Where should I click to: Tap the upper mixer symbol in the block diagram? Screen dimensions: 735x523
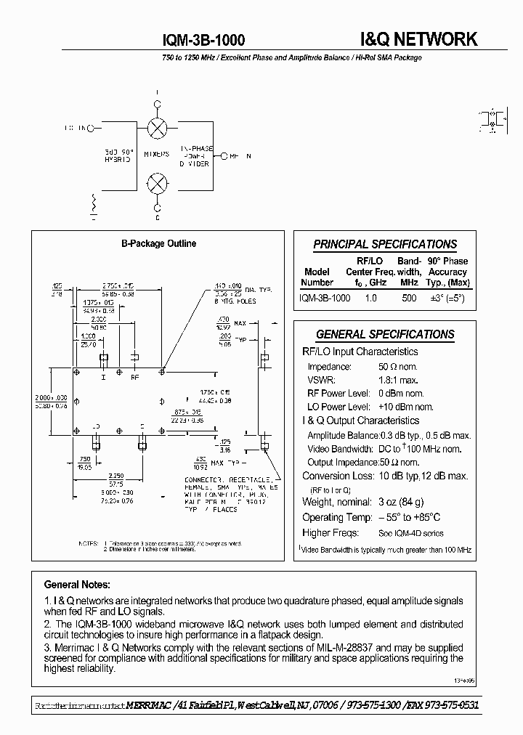(x=156, y=129)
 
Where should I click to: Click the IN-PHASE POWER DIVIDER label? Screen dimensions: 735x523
(x=194, y=155)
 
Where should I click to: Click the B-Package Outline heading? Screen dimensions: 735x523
(x=158, y=244)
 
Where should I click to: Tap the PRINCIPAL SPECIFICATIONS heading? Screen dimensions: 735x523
(x=385, y=245)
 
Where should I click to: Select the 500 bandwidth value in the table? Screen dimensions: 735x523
(x=409, y=298)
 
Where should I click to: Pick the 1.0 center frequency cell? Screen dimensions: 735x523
(x=370, y=298)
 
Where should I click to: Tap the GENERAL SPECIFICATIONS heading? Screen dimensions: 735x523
(x=385, y=335)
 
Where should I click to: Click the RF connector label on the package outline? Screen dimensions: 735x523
(x=134, y=378)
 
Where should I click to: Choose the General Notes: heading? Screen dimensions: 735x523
(x=78, y=584)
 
